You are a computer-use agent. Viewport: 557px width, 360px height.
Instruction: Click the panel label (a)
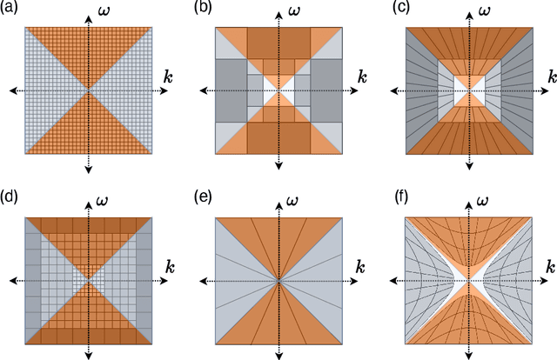coord(12,8)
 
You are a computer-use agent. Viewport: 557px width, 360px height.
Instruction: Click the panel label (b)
coord(204,8)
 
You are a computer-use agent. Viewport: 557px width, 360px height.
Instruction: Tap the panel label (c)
coord(394,8)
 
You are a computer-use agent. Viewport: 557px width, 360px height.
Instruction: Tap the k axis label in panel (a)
coord(168,78)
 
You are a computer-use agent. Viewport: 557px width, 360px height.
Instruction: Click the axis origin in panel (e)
coord(278,281)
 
